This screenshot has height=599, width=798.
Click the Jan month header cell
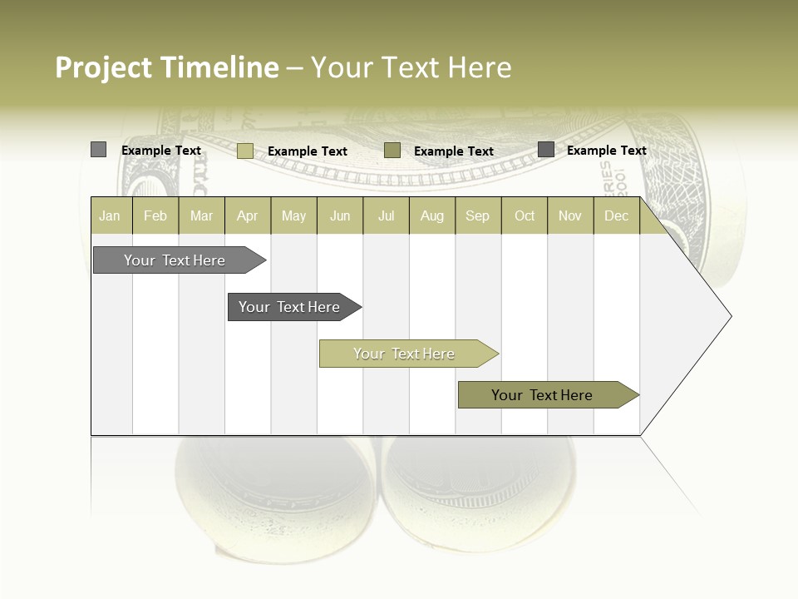111,215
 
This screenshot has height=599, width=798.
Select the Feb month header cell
155,215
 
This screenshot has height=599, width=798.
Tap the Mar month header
201,215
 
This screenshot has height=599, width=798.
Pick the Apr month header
248,215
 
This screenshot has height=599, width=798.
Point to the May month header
293,215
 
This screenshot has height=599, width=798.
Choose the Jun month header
340,215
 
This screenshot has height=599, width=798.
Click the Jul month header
386,215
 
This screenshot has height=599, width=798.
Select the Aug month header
432,215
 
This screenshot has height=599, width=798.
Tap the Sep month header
478,215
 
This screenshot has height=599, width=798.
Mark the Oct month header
525,215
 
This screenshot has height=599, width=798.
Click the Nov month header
570,215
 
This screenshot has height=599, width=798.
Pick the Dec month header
617,215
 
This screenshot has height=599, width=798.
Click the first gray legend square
99,150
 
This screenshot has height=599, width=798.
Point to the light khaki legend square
245,151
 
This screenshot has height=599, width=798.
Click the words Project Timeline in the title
167,67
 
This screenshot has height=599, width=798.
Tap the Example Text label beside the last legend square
606,151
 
